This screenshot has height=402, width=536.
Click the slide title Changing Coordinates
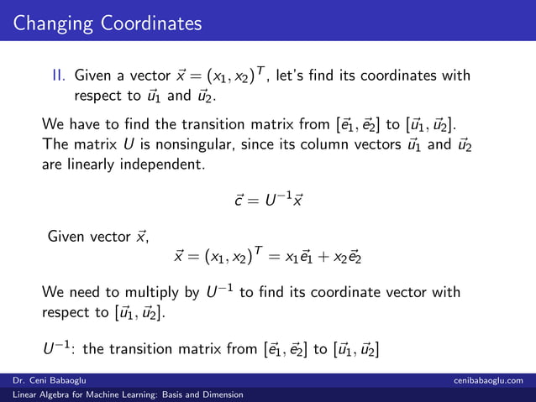pyautogui.click(x=107, y=22)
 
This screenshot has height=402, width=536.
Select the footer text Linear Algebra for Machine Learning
pyautogui.click(x=89, y=394)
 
